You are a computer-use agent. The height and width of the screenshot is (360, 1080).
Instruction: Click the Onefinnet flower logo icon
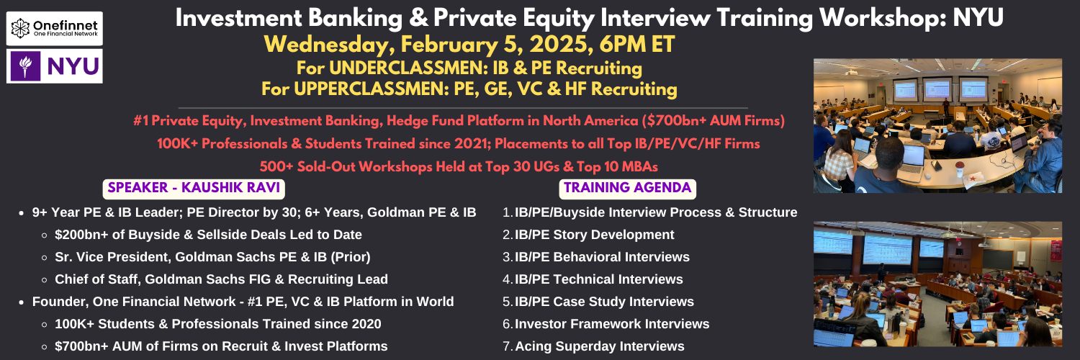[x=20, y=28]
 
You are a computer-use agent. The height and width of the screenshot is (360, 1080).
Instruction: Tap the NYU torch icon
[x=25, y=66]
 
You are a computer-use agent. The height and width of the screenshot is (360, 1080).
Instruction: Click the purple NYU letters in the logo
[x=73, y=66]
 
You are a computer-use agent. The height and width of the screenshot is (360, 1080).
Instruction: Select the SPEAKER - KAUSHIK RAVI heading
[x=194, y=188]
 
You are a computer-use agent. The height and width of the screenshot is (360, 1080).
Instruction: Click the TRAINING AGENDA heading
[x=627, y=188]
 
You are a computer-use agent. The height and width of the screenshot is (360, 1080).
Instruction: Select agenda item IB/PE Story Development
[x=594, y=235]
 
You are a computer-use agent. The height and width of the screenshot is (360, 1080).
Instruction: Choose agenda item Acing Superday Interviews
[x=599, y=346]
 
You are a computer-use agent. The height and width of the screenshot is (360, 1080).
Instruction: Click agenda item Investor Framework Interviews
[x=612, y=324]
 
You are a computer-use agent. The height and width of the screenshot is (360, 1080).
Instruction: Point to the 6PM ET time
[x=637, y=45]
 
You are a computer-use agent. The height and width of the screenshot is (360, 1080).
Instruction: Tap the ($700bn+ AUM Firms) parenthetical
[x=713, y=120]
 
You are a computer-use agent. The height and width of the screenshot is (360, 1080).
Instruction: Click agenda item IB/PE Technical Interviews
[x=599, y=279]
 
